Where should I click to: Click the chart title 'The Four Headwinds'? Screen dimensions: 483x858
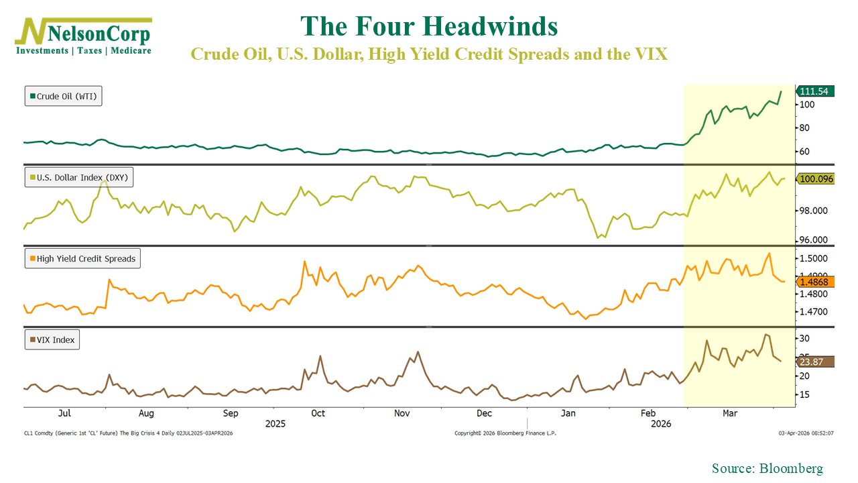(x=429, y=27)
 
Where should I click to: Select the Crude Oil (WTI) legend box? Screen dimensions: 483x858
(x=64, y=97)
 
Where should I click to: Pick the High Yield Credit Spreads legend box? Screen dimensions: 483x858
(x=82, y=258)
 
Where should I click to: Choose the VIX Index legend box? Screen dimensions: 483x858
(x=52, y=340)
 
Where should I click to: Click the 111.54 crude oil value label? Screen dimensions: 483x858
(x=815, y=91)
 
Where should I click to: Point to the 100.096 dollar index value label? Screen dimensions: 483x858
(x=815, y=179)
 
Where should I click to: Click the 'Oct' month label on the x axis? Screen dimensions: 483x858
(x=318, y=413)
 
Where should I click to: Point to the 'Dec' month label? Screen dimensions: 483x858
(x=484, y=413)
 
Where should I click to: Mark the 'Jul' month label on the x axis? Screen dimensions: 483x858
(x=66, y=413)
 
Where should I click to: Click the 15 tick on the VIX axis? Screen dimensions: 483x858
(x=803, y=394)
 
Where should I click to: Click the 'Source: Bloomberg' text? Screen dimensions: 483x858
(x=767, y=469)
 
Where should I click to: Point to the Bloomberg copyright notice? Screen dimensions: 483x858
(x=505, y=433)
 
